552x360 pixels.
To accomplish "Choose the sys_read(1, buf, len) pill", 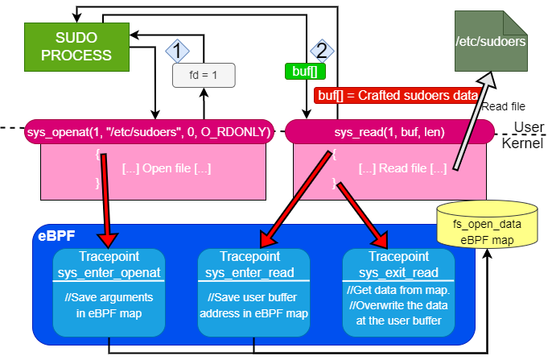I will pyautogui.click(x=389, y=131).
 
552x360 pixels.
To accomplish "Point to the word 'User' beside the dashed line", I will pyautogui.click(x=528, y=128).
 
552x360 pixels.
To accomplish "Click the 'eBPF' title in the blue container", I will pyautogui.click(x=55, y=237).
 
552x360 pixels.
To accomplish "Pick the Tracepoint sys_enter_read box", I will pyautogui.click(x=253, y=293).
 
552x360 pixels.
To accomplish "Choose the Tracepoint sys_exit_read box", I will pyautogui.click(x=398, y=293).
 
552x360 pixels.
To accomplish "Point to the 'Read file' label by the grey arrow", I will pyautogui.click(x=504, y=106).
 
